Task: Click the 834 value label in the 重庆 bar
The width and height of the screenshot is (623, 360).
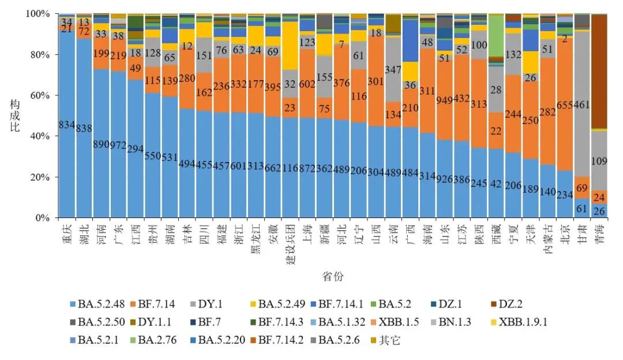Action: click(67, 125)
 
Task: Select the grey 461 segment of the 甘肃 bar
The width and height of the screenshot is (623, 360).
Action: click(583, 104)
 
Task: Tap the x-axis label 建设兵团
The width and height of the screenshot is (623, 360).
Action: click(291, 242)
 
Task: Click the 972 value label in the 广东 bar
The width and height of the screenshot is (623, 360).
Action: click(120, 144)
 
